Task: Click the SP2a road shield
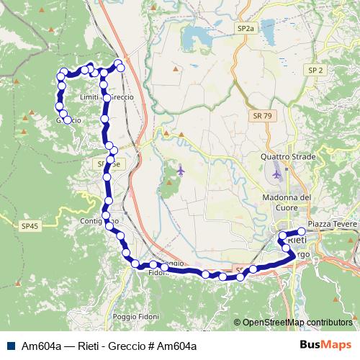tap(246, 27)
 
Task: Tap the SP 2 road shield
tap(315, 70)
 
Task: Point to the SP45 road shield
tap(29, 226)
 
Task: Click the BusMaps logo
tap(326, 345)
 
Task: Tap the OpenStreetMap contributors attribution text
tap(297, 323)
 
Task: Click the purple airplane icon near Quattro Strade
tap(277, 174)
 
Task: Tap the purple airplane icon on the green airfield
tap(179, 170)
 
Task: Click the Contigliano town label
tap(99, 220)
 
